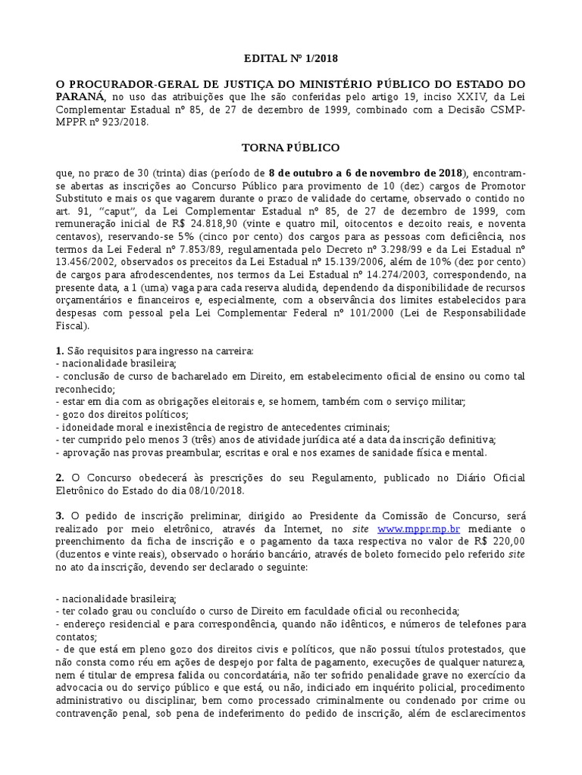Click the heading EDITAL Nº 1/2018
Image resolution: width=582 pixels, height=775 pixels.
(290, 57)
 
